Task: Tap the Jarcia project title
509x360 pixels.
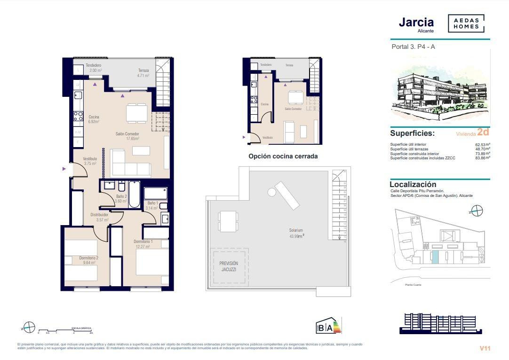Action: [x=416, y=22]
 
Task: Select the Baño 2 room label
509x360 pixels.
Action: [x=121, y=196]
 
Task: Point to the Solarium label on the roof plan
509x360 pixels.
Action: [x=296, y=230]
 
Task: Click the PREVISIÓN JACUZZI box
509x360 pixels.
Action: [x=229, y=266]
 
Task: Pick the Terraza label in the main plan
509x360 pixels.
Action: [x=143, y=70]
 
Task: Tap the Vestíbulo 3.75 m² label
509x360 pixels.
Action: [x=90, y=161]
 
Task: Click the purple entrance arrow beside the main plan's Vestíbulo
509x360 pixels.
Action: [x=64, y=169]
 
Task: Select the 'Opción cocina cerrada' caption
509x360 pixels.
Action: [x=283, y=156]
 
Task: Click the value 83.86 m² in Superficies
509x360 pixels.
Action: [x=482, y=158]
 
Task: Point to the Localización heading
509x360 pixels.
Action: [x=413, y=185]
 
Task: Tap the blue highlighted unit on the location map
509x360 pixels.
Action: [x=436, y=257]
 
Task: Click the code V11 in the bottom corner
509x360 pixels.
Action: [x=485, y=348]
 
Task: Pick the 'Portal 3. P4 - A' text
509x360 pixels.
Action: [x=410, y=47]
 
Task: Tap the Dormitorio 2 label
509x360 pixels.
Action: [x=89, y=258]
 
